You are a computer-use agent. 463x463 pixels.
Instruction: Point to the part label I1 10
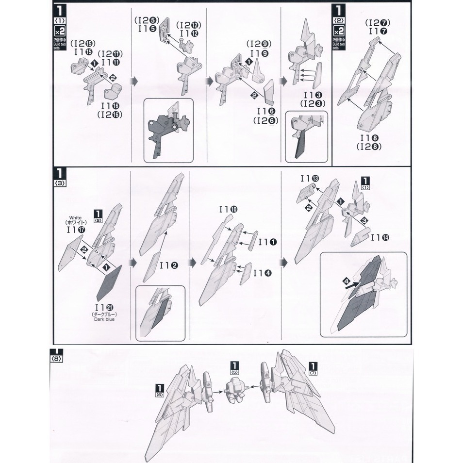tap(228, 210)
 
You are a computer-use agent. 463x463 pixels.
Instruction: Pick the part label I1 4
tap(265, 273)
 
